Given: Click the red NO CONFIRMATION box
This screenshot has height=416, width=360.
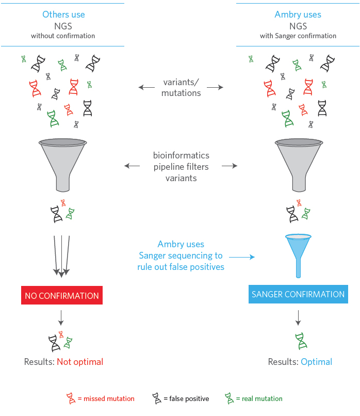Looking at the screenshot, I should click(x=62, y=296).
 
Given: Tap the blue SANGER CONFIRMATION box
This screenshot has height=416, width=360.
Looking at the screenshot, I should click(x=298, y=294).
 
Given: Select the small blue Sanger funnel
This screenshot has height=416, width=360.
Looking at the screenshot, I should click(x=298, y=253).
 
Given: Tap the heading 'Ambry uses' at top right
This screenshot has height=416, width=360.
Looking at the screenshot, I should click(x=298, y=14).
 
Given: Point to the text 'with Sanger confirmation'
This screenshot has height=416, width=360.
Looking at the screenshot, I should click(x=298, y=36).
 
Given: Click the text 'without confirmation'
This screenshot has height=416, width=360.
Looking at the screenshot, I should click(x=62, y=36).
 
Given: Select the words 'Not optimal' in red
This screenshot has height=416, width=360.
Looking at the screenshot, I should click(x=80, y=362).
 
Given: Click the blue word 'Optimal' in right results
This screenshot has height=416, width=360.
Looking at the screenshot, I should click(x=316, y=362).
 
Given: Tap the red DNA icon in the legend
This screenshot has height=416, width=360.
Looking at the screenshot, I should click(x=71, y=398).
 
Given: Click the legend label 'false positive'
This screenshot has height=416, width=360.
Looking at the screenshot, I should click(x=186, y=398).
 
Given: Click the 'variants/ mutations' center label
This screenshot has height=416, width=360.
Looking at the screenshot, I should click(x=181, y=88).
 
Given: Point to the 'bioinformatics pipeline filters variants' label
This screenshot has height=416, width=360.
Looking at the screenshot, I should click(x=181, y=166).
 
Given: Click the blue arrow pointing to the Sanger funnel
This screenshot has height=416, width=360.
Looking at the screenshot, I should click(x=242, y=256).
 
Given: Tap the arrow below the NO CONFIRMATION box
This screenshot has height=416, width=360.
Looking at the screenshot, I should click(x=61, y=317).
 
